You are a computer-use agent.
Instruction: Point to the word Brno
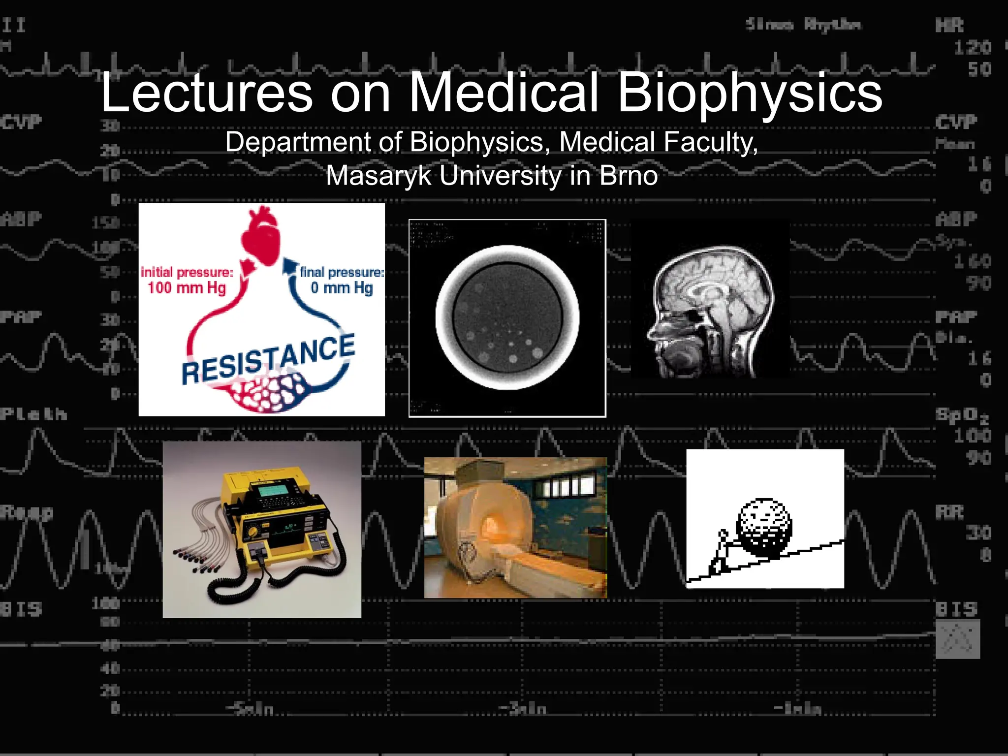click(629, 176)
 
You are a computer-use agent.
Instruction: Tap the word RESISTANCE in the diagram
click(268, 359)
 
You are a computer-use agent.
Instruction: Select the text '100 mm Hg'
click(187, 288)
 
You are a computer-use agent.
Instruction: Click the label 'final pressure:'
click(342, 272)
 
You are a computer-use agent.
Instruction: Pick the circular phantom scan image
click(507, 318)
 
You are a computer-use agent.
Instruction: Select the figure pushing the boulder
click(720, 554)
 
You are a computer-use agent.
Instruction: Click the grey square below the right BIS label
click(957, 639)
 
